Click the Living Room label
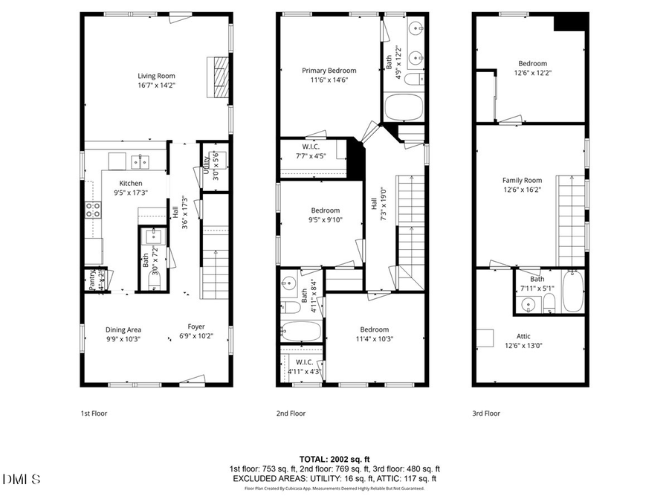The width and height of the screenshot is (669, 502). point(156,75)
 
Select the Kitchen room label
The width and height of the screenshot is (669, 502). point(131,183)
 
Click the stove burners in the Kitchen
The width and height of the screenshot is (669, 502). point(93,210)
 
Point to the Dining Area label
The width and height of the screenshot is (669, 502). point(123,329)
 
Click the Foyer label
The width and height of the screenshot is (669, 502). point(195,326)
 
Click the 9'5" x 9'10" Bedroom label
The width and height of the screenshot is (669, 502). point(325,210)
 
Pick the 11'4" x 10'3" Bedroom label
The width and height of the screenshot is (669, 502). point(374,329)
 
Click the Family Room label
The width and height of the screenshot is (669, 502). point(522,180)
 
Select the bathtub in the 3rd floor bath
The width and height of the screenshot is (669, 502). point(573,292)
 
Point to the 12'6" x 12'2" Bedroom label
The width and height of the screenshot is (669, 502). point(532,64)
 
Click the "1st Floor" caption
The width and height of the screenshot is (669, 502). point(94,413)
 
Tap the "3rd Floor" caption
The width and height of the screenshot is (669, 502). point(486,413)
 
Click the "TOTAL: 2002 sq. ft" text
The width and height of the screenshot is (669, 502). point(334,459)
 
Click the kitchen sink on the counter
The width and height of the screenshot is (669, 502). point(140,161)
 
